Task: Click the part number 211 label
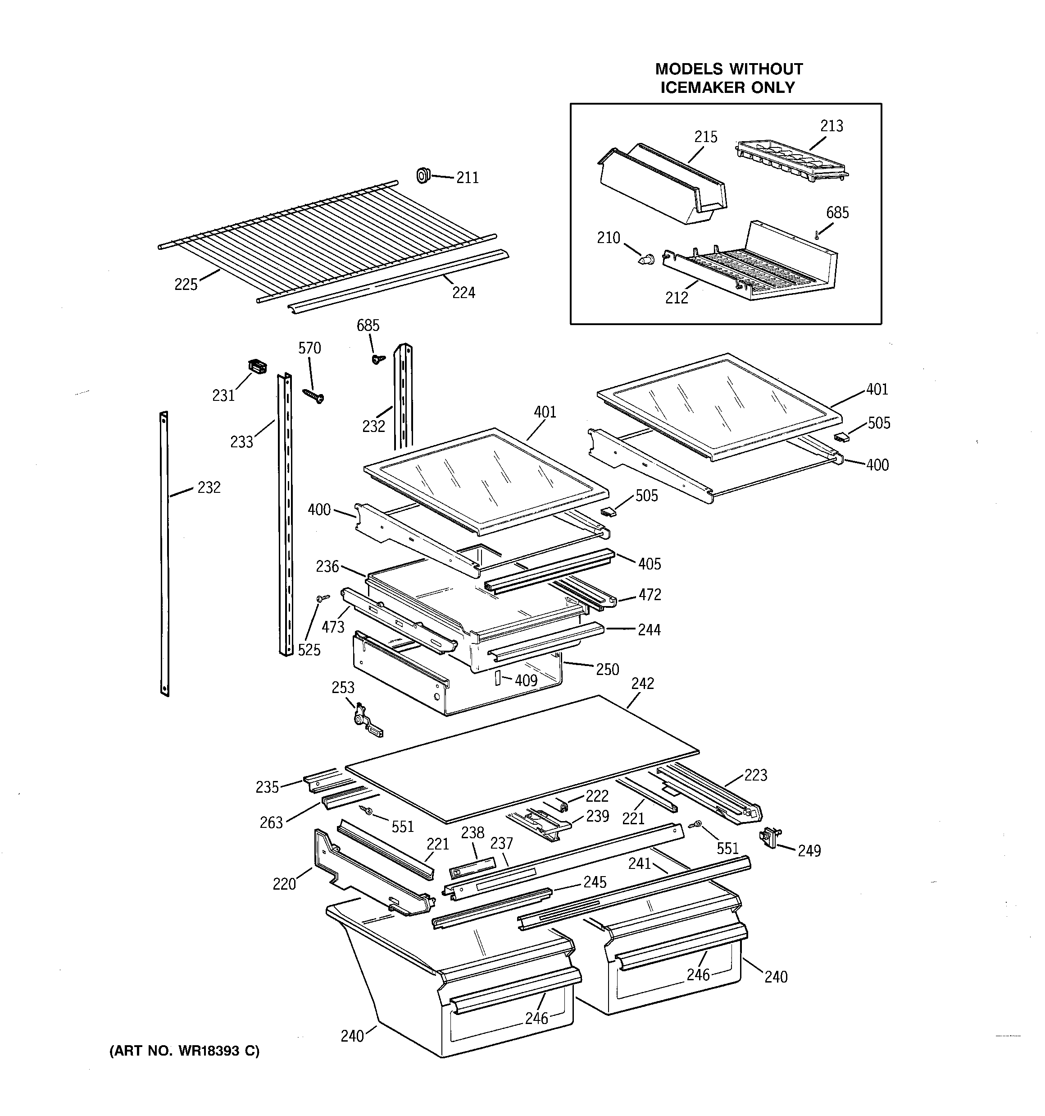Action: point(467,178)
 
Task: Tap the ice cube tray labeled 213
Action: point(791,161)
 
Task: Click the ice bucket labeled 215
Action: point(662,185)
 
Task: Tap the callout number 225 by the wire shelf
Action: point(186,285)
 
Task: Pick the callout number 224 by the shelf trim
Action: point(463,293)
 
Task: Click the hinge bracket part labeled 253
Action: point(368,724)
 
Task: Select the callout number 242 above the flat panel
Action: point(642,683)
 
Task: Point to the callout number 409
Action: point(526,680)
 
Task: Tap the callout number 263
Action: point(271,822)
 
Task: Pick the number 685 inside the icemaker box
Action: point(837,213)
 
